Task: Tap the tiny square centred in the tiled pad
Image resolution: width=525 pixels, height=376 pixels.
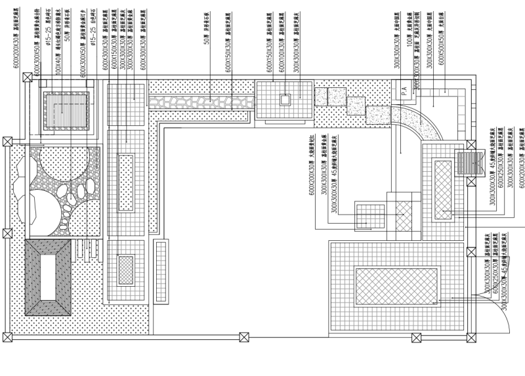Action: click(285, 100)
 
